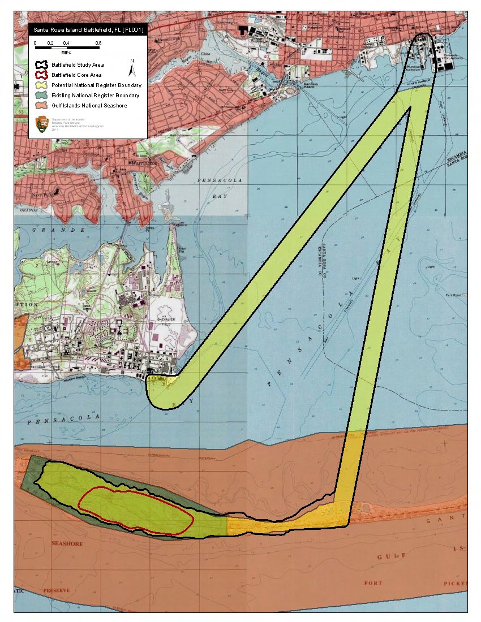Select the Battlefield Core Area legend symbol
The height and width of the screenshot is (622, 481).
point(41,75)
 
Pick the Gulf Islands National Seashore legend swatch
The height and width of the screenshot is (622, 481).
point(41,105)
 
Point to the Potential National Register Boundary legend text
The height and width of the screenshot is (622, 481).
point(96,85)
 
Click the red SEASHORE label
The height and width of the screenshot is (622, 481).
point(67,544)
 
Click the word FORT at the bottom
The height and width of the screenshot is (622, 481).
point(373,583)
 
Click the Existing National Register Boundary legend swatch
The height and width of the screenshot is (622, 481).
point(41,95)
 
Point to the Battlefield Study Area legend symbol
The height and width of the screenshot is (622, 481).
point(41,64)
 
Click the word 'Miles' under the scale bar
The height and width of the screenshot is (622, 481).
point(66,52)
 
